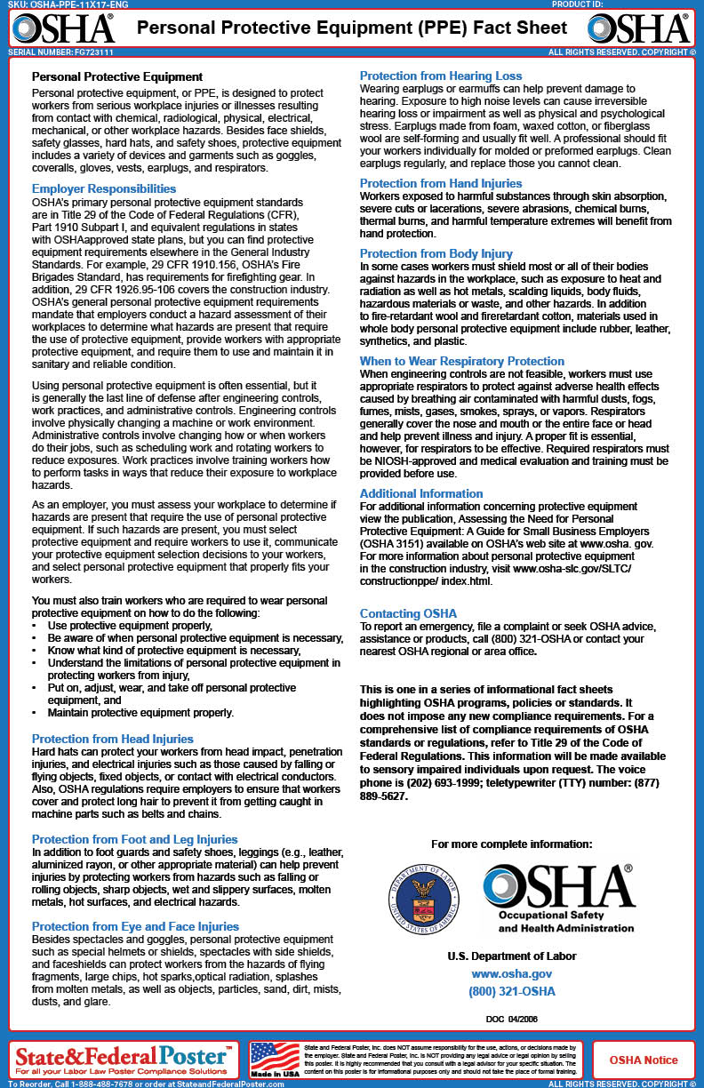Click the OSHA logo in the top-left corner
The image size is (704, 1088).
(63, 28)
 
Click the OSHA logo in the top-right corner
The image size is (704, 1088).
(639, 28)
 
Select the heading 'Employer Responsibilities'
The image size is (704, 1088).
(104, 188)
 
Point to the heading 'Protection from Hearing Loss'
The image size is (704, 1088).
(441, 76)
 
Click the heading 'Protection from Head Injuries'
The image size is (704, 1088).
(112, 739)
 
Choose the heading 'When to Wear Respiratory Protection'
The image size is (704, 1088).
(461, 361)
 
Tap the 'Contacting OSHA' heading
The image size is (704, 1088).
(408, 613)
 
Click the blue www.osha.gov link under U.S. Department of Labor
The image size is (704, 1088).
(511, 974)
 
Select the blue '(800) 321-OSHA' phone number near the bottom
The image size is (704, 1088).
(511, 991)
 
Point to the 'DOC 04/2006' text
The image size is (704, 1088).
(511, 1019)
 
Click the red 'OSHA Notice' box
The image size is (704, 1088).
(643, 1060)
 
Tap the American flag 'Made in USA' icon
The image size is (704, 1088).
(275, 1058)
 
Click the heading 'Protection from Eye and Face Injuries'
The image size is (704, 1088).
(135, 926)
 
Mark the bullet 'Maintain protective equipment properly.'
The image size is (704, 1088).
(140, 712)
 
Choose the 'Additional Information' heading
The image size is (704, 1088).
(421, 493)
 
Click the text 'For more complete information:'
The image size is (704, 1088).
(511, 844)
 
